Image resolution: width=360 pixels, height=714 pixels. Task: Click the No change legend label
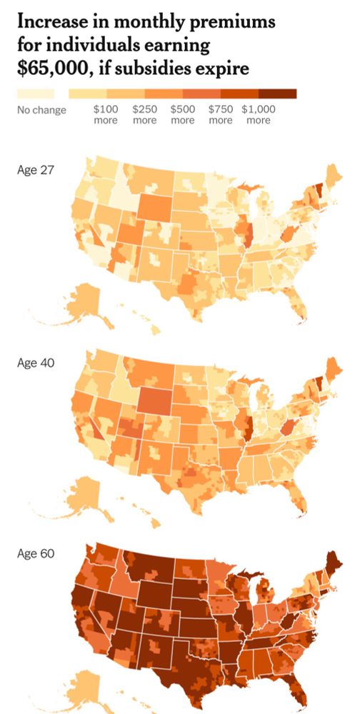[41, 110]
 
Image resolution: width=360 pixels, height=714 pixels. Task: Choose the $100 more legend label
[106, 115]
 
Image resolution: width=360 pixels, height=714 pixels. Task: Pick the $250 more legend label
[144, 115]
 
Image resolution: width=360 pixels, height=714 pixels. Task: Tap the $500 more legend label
[182, 115]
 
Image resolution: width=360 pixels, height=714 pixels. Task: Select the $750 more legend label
[220, 115]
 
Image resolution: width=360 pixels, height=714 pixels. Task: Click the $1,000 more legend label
[258, 115]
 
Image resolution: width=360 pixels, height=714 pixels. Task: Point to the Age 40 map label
[35, 362]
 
